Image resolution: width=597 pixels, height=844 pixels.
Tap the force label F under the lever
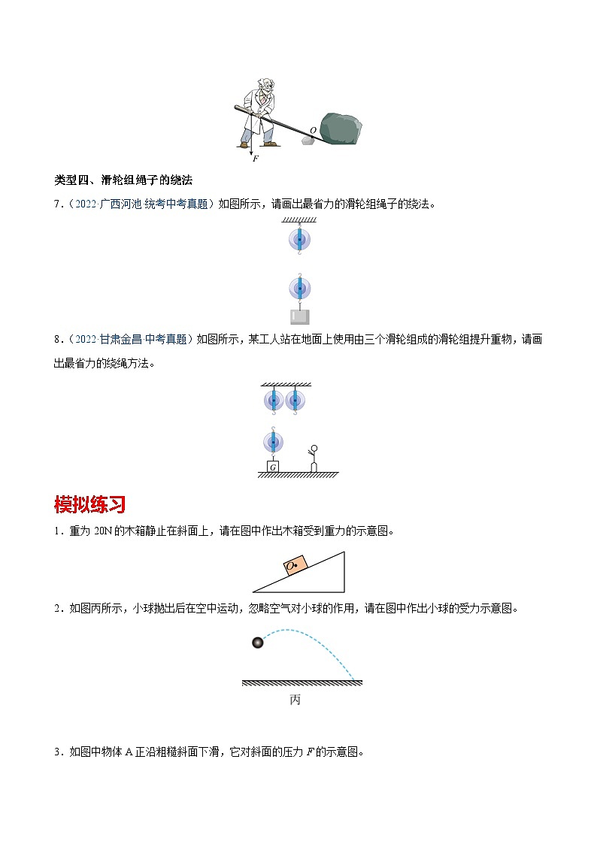point(256,159)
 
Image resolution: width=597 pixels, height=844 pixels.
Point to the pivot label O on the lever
point(313,130)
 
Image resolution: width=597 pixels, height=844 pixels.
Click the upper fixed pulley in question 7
point(298,240)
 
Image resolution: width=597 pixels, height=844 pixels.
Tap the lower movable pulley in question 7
point(298,288)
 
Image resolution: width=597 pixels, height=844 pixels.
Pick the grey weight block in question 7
point(298,316)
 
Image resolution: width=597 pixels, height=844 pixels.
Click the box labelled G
point(272,466)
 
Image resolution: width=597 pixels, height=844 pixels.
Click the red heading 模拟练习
point(89,504)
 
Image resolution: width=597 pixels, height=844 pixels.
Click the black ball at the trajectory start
point(258,643)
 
